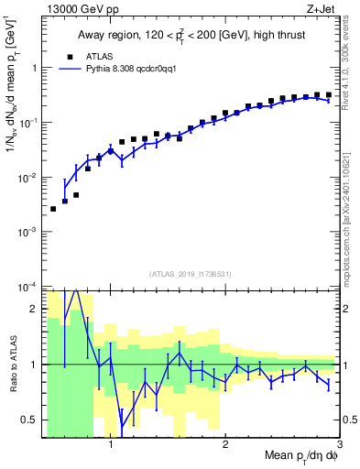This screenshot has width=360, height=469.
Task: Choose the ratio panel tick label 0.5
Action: click(31, 420)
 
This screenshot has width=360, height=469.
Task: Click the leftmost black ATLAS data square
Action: click(53, 209)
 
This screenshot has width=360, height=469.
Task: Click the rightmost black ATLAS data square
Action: click(329, 94)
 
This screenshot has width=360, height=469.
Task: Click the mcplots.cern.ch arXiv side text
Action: click(350, 211)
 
